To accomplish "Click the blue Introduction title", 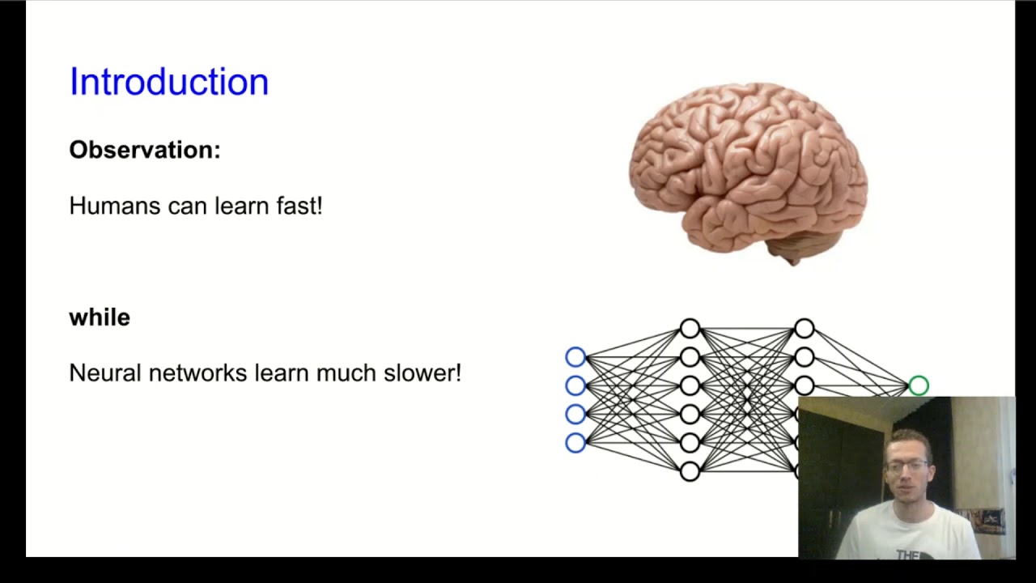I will [x=168, y=82].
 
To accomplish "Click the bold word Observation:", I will [x=144, y=150].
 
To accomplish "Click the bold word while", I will [x=100, y=317].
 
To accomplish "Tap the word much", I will [x=336, y=372].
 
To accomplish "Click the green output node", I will [x=919, y=385].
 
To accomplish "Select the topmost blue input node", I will [x=575, y=356].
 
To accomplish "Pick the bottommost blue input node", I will [x=575, y=442].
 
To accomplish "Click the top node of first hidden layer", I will [x=690, y=328].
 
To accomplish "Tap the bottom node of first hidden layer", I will [x=690, y=470].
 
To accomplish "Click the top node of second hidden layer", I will [x=804, y=328].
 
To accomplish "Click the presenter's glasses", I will [x=906, y=466].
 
